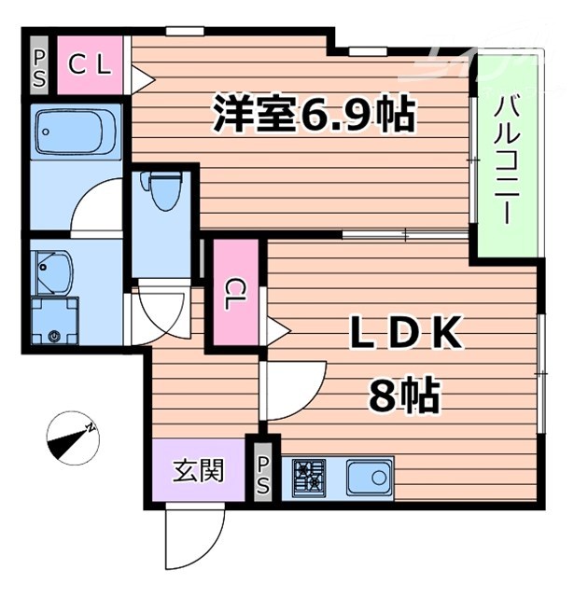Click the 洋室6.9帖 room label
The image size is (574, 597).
click(314, 115)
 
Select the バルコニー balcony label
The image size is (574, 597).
click(507, 158)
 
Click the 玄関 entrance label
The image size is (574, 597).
click(199, 470)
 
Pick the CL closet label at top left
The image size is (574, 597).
click(91, 65)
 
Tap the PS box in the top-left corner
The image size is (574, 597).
click(40, 66)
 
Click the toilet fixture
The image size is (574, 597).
click(163, 191)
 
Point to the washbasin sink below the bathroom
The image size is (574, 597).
click(55, 271)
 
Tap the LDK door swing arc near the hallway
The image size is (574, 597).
click(292, 387)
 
